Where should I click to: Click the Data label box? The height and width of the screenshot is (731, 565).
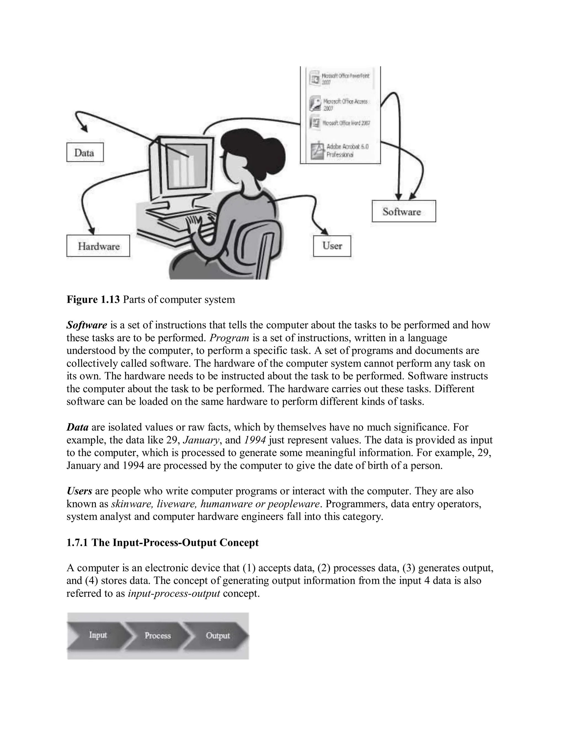(x=85, y=153)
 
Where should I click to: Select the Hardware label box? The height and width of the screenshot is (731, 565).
(x=98, y=246)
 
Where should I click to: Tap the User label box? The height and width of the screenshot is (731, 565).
(x=332, y=246)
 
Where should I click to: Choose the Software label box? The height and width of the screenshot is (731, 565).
(x=403, y=211)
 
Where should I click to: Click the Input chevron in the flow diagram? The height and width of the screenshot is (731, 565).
(x=97, y=635)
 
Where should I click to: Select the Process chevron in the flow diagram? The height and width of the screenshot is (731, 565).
(x=157, y=635)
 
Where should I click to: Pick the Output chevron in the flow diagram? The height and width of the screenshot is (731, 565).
(x=218, y=635)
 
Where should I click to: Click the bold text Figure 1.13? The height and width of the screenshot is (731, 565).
(x=93, y=299)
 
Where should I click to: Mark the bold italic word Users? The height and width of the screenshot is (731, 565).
(x=79, y=491)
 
